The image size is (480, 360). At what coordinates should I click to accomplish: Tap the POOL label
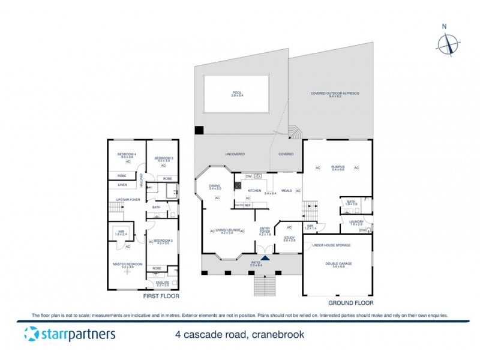click(x=236, y=93)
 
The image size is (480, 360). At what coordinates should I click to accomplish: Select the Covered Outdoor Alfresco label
click(x=330, y=93)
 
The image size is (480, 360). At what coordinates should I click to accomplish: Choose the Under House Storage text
click(x=332, y=245)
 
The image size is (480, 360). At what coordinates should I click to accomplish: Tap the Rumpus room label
click(x=337, y=168)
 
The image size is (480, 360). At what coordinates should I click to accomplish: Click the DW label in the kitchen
click(x=248, y=176)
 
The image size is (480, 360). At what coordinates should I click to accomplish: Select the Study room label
click(x=289, y=239)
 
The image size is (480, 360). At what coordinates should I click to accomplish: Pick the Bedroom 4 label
click(x=127, y=155)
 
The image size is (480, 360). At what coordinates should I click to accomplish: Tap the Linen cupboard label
click(x=122, y=185)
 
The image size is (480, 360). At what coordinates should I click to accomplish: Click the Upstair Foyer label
click(x=128, y=200)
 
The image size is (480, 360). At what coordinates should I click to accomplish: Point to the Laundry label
click(x=356, y=221)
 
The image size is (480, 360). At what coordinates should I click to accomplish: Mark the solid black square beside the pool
click(x=199, y=131)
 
